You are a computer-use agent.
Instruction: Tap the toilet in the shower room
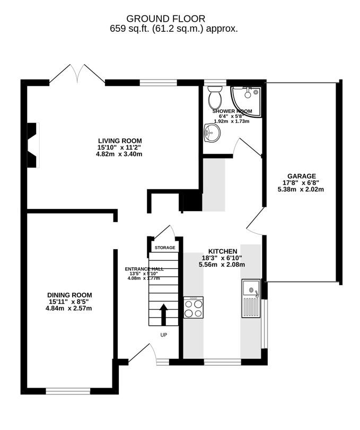[x=215, y=98]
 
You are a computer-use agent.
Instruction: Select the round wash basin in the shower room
[x=210, y=133]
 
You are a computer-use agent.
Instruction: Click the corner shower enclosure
[x=246, y=100]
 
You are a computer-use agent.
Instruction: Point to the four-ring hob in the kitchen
[x=193, y=308]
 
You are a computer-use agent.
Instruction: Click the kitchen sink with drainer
[x=250, y=298]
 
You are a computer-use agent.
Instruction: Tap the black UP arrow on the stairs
[x=163, y=314]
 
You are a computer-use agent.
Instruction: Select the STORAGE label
[x=164, y=248]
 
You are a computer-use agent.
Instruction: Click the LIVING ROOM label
[x=119, y=141]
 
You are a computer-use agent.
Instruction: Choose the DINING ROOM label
[x=69, y=295]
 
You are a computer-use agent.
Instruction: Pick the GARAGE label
[x=302, y=176]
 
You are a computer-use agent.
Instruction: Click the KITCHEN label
[x=222, y=251]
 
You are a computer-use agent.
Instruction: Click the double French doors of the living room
[x=78, y=73]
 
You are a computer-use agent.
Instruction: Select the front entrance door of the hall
[x=141, y=352]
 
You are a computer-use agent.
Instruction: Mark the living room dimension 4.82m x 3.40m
[x=119, y=154]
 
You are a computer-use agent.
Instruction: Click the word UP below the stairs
[x=164, y=335]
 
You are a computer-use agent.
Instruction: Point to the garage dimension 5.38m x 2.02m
[x=302, y=189]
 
